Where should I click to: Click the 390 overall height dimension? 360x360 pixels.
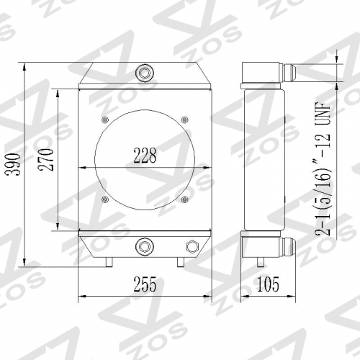coord(14,164)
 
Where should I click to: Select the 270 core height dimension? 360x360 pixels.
coord(45,160)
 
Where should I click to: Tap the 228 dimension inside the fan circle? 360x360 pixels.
coord(145,156)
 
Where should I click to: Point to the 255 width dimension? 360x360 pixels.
coord(145,284)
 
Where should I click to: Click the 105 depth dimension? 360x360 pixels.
coord(268,284)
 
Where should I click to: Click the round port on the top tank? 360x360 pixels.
coord(145,72)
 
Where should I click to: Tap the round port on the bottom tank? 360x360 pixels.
coord(145,246)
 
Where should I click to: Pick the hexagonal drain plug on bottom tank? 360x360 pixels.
coord(192,246)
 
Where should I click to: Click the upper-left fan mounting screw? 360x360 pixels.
coord(105,120)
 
